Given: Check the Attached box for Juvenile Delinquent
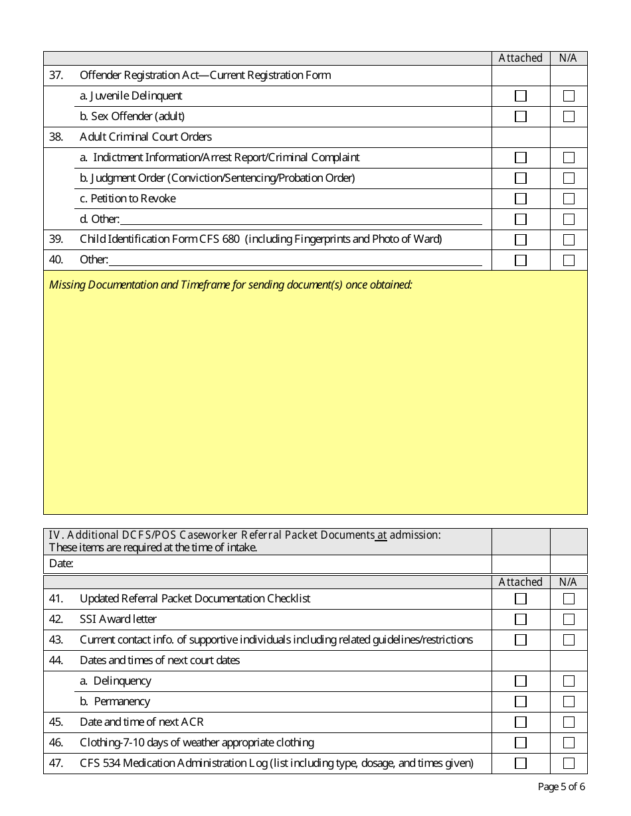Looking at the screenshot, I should point(521,96).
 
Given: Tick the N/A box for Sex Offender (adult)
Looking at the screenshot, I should point(569,117).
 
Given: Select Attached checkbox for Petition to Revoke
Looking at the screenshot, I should point(521,199).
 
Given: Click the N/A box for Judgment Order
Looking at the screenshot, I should point(569,178).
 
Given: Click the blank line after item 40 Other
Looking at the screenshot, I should point(295,261).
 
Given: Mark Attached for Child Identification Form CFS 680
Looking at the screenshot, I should point(521,240).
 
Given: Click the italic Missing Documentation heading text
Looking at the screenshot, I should point(230,285).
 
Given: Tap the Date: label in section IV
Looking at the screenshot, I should point(61,564).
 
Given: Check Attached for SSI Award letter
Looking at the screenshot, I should point(521,620).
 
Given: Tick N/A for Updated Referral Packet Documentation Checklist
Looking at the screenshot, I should point(569,599).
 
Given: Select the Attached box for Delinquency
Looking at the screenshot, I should point(521,681).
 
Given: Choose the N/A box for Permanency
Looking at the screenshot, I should point(569,702).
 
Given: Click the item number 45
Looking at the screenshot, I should point(56,722).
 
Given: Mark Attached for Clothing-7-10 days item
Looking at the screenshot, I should point(521,743).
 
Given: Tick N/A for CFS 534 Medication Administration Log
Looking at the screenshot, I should point(569,764).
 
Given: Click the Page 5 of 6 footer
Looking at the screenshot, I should point(561,787).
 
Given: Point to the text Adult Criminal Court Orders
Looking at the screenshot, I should point(145,137).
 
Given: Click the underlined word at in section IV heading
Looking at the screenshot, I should point(381,535).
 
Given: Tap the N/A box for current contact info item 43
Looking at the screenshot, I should point(569,640).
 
